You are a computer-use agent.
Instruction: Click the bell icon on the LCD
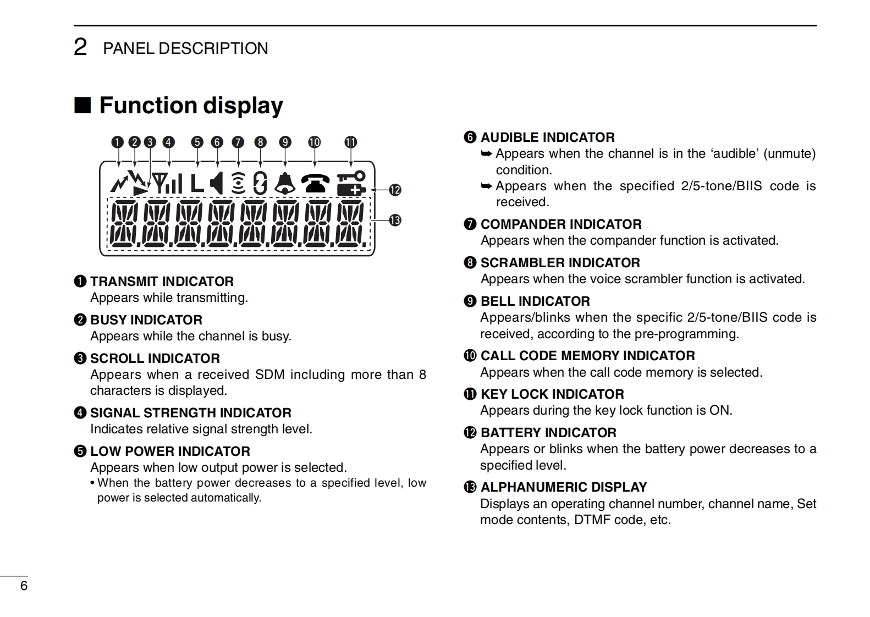[x=285, y=184]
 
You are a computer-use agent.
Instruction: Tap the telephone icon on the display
[x=315, y=183]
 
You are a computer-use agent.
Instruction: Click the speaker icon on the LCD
[x=217, y=183]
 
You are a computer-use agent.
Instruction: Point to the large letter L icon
[x=197, y=184]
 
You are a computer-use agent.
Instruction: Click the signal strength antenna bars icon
[x=167, y=184]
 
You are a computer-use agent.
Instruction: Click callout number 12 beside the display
[x=395, y=190]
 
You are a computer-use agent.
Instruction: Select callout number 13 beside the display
[x=395, y=221]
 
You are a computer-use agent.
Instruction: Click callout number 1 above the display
[x=117, y=142]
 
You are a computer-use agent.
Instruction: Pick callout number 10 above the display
[x=314, y=142]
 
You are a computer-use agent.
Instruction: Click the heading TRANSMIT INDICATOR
[x=162, y=282]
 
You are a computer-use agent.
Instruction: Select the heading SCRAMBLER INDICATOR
[x=560, y=263]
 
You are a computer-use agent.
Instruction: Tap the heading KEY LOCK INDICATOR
[x=552, y=394]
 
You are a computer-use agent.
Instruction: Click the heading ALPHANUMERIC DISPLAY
[x=563, y=487]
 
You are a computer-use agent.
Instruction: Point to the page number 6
[x=24, y=586]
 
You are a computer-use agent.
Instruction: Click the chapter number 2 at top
[x=80, y=48]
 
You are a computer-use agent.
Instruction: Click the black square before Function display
[x=82, y=105]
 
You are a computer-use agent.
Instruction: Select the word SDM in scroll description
[x=269, y=375]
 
